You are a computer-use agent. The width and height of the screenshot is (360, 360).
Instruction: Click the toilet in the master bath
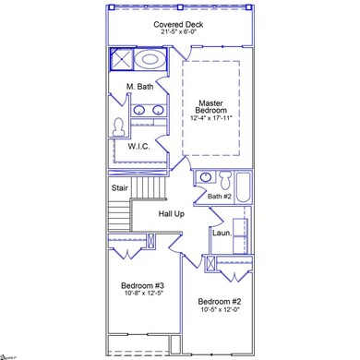coord(118,125)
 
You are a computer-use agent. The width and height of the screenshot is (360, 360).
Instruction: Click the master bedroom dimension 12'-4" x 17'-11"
coord(217,119)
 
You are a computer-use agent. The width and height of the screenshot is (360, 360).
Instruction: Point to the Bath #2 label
coord(220,196)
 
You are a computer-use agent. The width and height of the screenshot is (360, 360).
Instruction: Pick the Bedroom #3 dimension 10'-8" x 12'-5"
coord(143,294)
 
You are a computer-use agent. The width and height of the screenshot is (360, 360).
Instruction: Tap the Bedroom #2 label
coord(219,302)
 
